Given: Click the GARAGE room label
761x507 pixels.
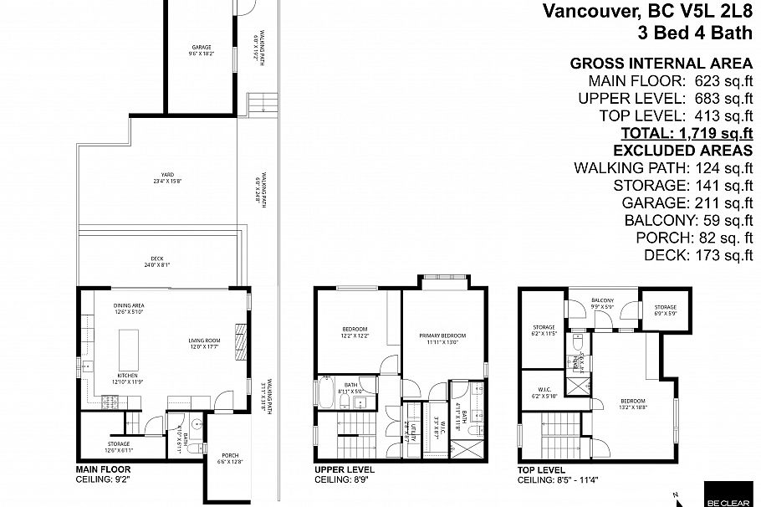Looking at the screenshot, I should (x=202, y=48).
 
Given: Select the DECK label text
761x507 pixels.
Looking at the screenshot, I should (x=157, y=259).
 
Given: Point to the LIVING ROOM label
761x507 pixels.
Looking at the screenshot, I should (x=203, y=341).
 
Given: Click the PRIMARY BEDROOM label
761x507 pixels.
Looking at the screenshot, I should (x=442, y=335).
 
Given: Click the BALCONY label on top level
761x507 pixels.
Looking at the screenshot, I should (x=603, y=300).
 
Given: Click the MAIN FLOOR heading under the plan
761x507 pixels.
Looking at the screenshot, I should (x=103, y=470).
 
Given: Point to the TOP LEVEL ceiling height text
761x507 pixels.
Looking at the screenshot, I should (x=562, y=480).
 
